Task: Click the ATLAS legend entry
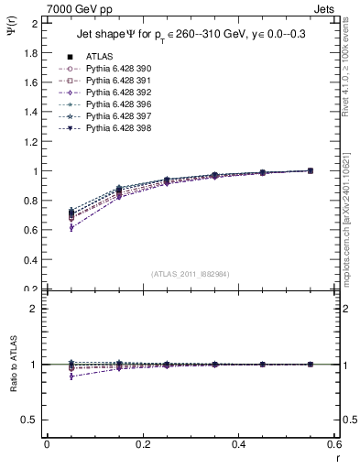point(98,56)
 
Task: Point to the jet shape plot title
point(191,36)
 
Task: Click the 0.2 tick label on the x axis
point(142,444)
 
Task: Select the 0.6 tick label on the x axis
point(334,444)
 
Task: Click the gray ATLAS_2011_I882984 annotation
point(191,274)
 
